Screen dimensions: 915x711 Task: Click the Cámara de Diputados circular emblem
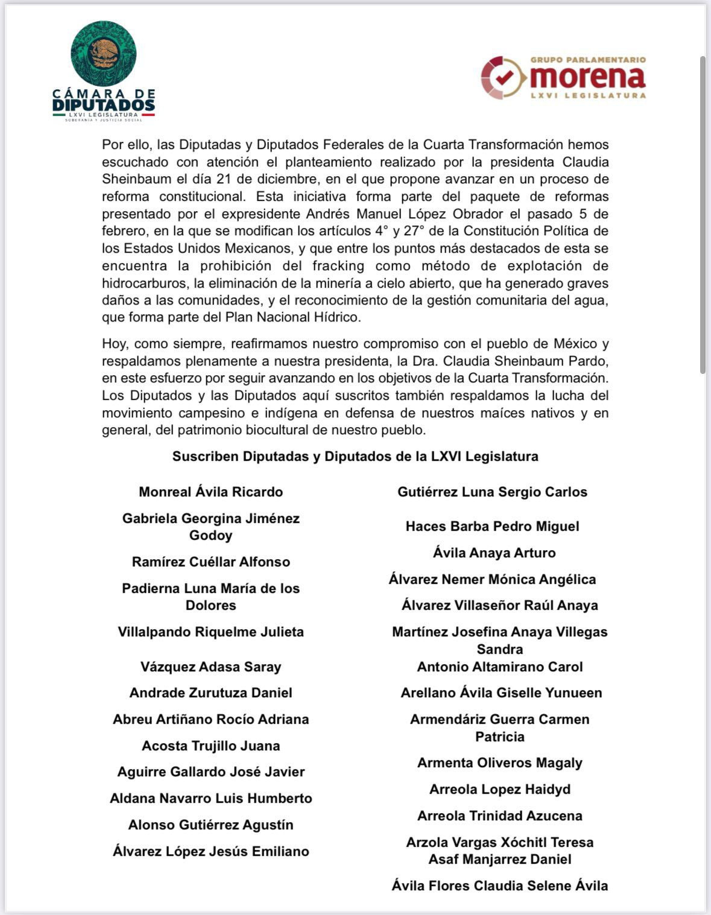point(103,53)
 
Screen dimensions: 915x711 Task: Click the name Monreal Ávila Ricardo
point(210,492)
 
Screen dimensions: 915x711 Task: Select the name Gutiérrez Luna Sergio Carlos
point(492,492)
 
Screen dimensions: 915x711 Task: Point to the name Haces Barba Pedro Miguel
point(492,526)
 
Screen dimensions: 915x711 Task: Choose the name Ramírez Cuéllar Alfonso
point(210,562)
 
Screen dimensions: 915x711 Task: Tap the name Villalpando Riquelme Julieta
point(210,632)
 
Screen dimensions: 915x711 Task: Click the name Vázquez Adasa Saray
point(210,666)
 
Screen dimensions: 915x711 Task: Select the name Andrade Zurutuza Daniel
point(210,692)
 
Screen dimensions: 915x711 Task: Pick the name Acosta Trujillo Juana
point(210,746)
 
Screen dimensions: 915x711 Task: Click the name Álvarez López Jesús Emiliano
point(210,851)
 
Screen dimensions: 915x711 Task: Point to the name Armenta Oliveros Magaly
point(499,762)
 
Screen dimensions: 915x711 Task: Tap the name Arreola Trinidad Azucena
point(499,815)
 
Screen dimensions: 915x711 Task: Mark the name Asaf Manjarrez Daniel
point(499,859)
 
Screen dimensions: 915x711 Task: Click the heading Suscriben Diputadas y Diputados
point(355,456)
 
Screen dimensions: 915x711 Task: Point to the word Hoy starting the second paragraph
point(115,344)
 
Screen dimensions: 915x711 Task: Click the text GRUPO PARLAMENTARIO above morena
point(587,60)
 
